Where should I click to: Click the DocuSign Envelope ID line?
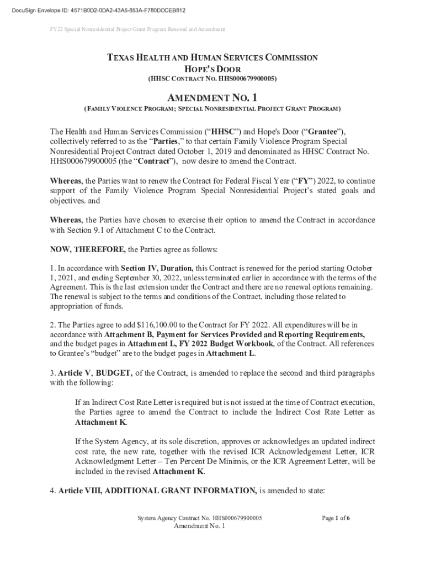tap(94, 10)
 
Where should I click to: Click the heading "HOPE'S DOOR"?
tap(212, 68)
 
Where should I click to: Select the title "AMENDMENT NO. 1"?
tap(212, 98)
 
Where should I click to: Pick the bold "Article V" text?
tap(70, 373)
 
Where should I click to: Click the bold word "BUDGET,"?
tap(114, 373)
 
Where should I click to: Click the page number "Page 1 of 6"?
tap(336, 518)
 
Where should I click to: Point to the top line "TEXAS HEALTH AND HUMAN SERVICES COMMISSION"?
tap(212, 57)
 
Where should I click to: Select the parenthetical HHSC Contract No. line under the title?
tap(212, 79)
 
